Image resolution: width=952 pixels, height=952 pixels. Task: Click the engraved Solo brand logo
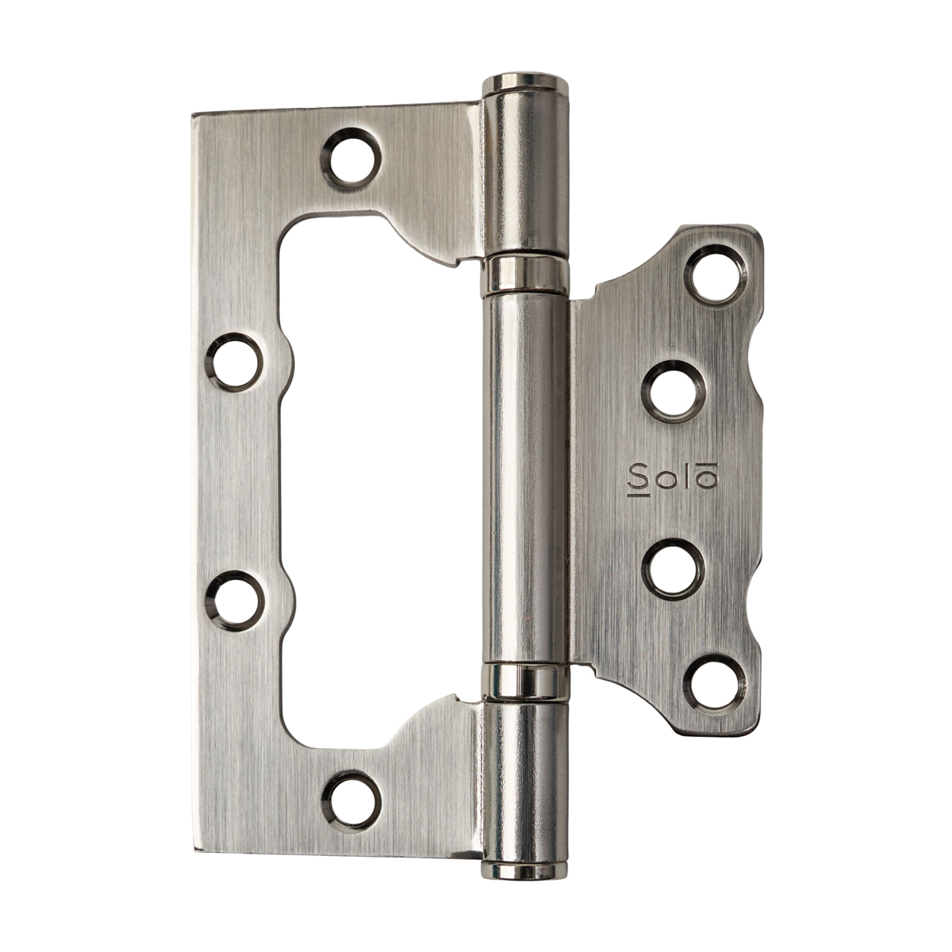click(x=671, y=478)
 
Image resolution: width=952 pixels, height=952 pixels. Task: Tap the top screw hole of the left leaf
click(x=352, y=159)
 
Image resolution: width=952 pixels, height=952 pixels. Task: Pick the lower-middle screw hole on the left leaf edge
click(x=235, y=600)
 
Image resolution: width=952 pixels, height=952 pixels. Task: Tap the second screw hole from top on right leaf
click(x=674, y=390)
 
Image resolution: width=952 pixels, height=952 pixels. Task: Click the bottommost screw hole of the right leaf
click(x=714, y=685)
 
